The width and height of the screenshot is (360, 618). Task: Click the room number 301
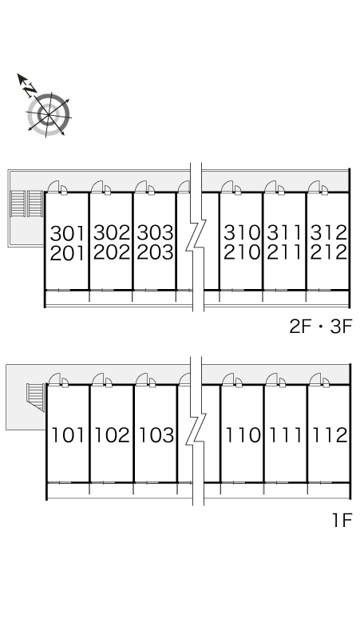click(x=67, y=233)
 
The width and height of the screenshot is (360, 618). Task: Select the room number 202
click(x=112, y=252)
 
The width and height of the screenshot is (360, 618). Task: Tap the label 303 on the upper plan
click(x=155, y=233)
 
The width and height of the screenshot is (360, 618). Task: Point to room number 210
click(x=242, y=252)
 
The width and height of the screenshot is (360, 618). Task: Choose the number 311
click(x=285, y=233)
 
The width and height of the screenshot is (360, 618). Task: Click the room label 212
click(x=329, y=252)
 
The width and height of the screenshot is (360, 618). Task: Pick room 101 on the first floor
click(x=68, y=435)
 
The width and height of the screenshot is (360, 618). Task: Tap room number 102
click(x=113, y=435)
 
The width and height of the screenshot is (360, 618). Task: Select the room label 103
click(x=156, y=435)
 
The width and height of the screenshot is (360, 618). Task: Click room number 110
click(x=243, y=435)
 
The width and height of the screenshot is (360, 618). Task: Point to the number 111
click(x=286, y=435)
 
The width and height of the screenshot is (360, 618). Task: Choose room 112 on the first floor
click(x=330, y=435)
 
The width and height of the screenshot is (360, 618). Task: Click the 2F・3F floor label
click(x=320, y=327)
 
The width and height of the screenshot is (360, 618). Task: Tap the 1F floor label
click(x=342, y=521)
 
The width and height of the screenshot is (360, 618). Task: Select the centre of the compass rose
click(x=49, y=115)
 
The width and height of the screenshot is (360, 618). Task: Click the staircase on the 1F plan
click(x=36, y=397)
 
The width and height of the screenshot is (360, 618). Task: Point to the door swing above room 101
click(x=54, y=379)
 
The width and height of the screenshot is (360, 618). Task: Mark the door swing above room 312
click(x=315, y=187)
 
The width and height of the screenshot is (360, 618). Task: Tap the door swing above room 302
click(x=97, y=187)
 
